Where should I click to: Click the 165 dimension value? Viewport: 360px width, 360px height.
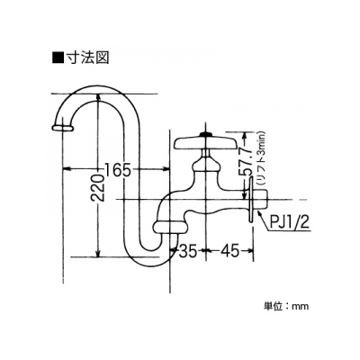[x=118, y=170]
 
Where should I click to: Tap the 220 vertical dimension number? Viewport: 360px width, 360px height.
[x=97, y=187]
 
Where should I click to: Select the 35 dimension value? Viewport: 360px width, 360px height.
[x=188, y=250]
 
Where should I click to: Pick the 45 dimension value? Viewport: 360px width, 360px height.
[x=230, y=250]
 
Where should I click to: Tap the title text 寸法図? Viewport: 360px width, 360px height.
[x=87, y=57]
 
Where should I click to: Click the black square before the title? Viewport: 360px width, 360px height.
[x=58, y=58]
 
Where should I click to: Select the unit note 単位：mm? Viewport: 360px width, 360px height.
[x=286, y=306]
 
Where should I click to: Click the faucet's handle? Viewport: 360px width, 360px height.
[x=205, y=143]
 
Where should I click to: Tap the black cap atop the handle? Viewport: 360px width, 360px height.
[x=205, y=135]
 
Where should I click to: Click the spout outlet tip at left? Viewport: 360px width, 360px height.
[x=62, y=128]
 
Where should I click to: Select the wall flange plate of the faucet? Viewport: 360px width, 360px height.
[x=250, y=200]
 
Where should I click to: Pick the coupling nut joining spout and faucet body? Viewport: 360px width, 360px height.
[x=170, y=227]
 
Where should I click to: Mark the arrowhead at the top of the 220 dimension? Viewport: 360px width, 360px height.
[x=98, y=98]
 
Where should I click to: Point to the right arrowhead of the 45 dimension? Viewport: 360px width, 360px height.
[x=248, y=249]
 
